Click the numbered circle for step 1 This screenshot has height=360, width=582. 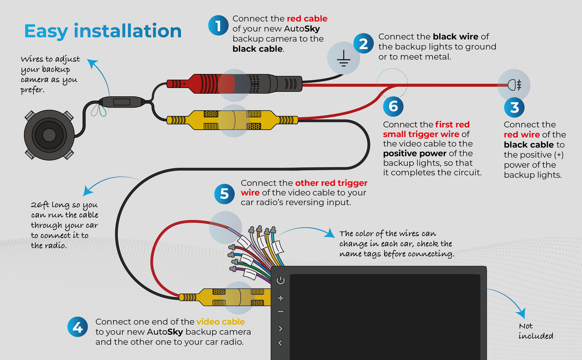[218, 26]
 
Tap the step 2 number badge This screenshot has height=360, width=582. [363, 43]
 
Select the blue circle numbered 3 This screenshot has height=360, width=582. [514, 108]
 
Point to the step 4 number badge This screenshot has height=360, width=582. [77, 327]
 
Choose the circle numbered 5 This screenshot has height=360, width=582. [224, 194]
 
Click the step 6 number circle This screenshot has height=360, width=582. [393, 106]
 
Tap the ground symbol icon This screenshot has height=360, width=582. [343, 59]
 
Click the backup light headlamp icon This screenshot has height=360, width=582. [514, 85]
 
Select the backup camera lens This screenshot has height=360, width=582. [49, 134]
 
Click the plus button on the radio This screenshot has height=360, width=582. [281, 298]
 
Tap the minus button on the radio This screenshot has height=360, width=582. [281, 311]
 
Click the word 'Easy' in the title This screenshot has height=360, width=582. [46, 31]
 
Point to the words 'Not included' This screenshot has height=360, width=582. [535, 331]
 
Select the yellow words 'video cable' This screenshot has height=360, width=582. [220, 322]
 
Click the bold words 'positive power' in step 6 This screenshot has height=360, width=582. [414, 153]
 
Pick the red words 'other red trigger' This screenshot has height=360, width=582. [331, 183]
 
